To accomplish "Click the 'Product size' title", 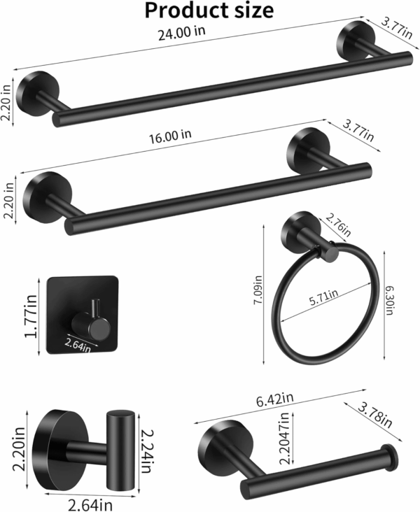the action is [x=209, y=10].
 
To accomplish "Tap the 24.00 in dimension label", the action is [x=182, y=33].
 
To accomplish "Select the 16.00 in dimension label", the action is [x=170, y=136].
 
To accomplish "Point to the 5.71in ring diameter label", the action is [x=323, y=297].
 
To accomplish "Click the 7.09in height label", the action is [x=258, y=290].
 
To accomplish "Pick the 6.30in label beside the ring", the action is [x=388, y=300].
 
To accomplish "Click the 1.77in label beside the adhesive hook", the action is [x=31, y=316].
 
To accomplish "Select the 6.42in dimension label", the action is [x=275, y=399].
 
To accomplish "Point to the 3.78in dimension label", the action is [x=375, y=415].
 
